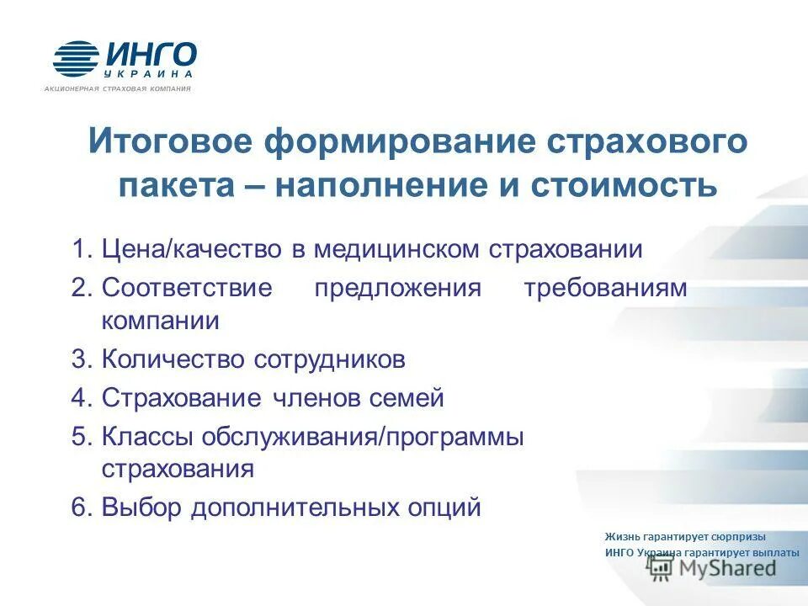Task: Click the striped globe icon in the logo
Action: point(77,60)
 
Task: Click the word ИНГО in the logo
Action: point(151,55)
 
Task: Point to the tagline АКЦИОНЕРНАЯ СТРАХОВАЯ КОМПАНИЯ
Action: point(118,88)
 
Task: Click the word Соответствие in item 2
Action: point(187,288)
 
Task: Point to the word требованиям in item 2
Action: point(605,288)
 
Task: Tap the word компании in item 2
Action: point(161,322)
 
